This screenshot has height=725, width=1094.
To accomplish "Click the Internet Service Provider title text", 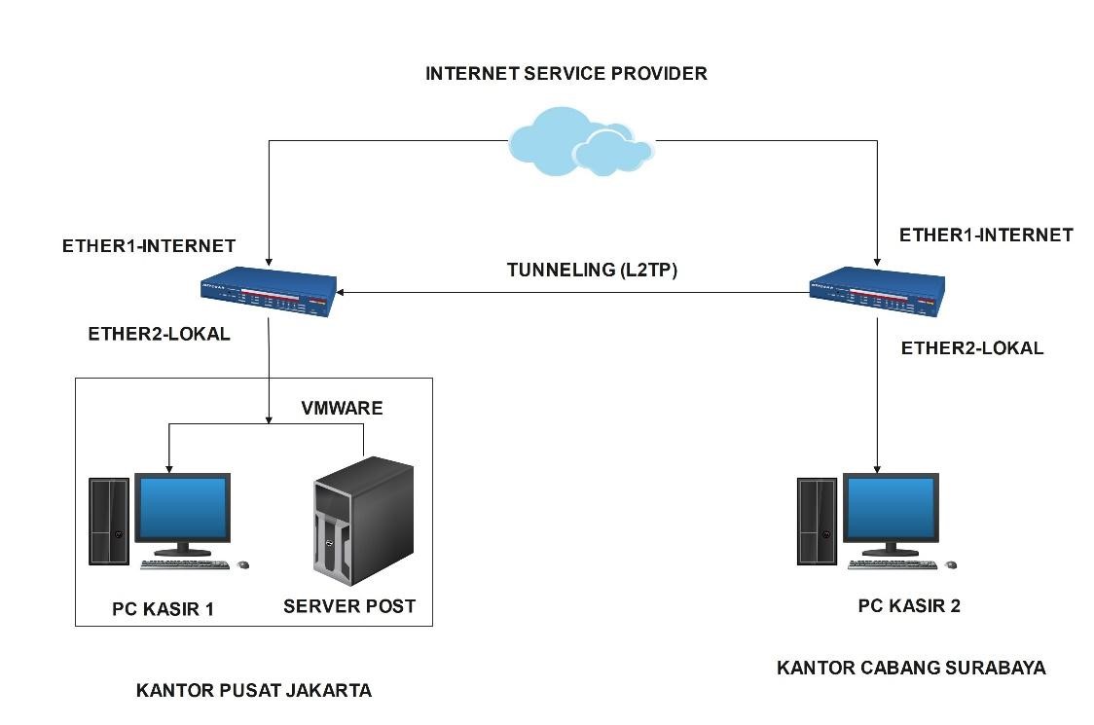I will point(566,74).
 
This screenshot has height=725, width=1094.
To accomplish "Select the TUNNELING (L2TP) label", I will point(592,271).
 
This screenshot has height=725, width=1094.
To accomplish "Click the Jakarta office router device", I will point(268,292).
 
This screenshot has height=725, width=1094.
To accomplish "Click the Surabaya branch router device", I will point(877,289).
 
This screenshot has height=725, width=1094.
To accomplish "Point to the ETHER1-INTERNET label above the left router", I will point(148,246).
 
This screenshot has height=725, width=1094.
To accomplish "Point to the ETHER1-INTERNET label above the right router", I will point(985,235).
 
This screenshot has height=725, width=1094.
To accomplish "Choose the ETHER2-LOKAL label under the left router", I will point(159,334).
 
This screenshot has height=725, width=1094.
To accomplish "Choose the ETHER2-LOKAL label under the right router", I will point(971,348).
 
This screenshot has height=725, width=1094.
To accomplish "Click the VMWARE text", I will point(341,408).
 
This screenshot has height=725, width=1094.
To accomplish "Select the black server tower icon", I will point(363,521).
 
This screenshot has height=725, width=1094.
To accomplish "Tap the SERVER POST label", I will point(349,606).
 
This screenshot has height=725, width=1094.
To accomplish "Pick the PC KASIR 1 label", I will point(163,610).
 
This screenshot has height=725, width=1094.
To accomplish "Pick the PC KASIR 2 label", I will point(908,606).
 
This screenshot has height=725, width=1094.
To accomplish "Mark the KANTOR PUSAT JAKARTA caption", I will point(253,691).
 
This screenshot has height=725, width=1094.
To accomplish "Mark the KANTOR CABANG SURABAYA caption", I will point(911,668).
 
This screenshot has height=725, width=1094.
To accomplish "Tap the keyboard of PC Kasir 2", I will point(893,564).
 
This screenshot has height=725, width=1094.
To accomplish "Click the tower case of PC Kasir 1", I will point(109,521).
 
